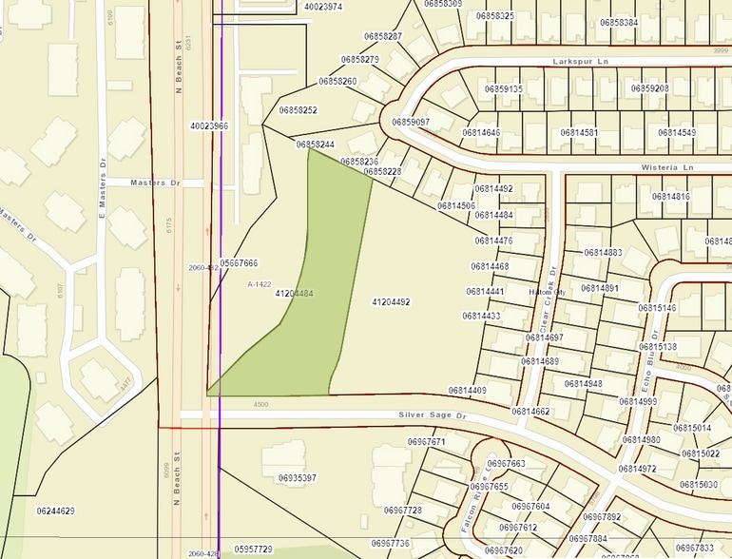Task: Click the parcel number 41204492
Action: (391, 301)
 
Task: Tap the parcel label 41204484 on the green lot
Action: (294, 295)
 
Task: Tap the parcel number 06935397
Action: (297, 477)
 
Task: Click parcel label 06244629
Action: (55, 511)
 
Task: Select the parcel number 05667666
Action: (239, 262)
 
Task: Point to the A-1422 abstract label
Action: (260, 284)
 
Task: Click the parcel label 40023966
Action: (209, 125)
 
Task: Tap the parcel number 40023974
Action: (323, 7)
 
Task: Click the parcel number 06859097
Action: (411, 123)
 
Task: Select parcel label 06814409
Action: (467, 391)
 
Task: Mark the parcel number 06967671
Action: (426, 442)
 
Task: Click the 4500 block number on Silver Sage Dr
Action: (260, 405)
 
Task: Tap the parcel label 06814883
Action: (603, 253)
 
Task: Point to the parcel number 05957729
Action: (253, 549)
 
